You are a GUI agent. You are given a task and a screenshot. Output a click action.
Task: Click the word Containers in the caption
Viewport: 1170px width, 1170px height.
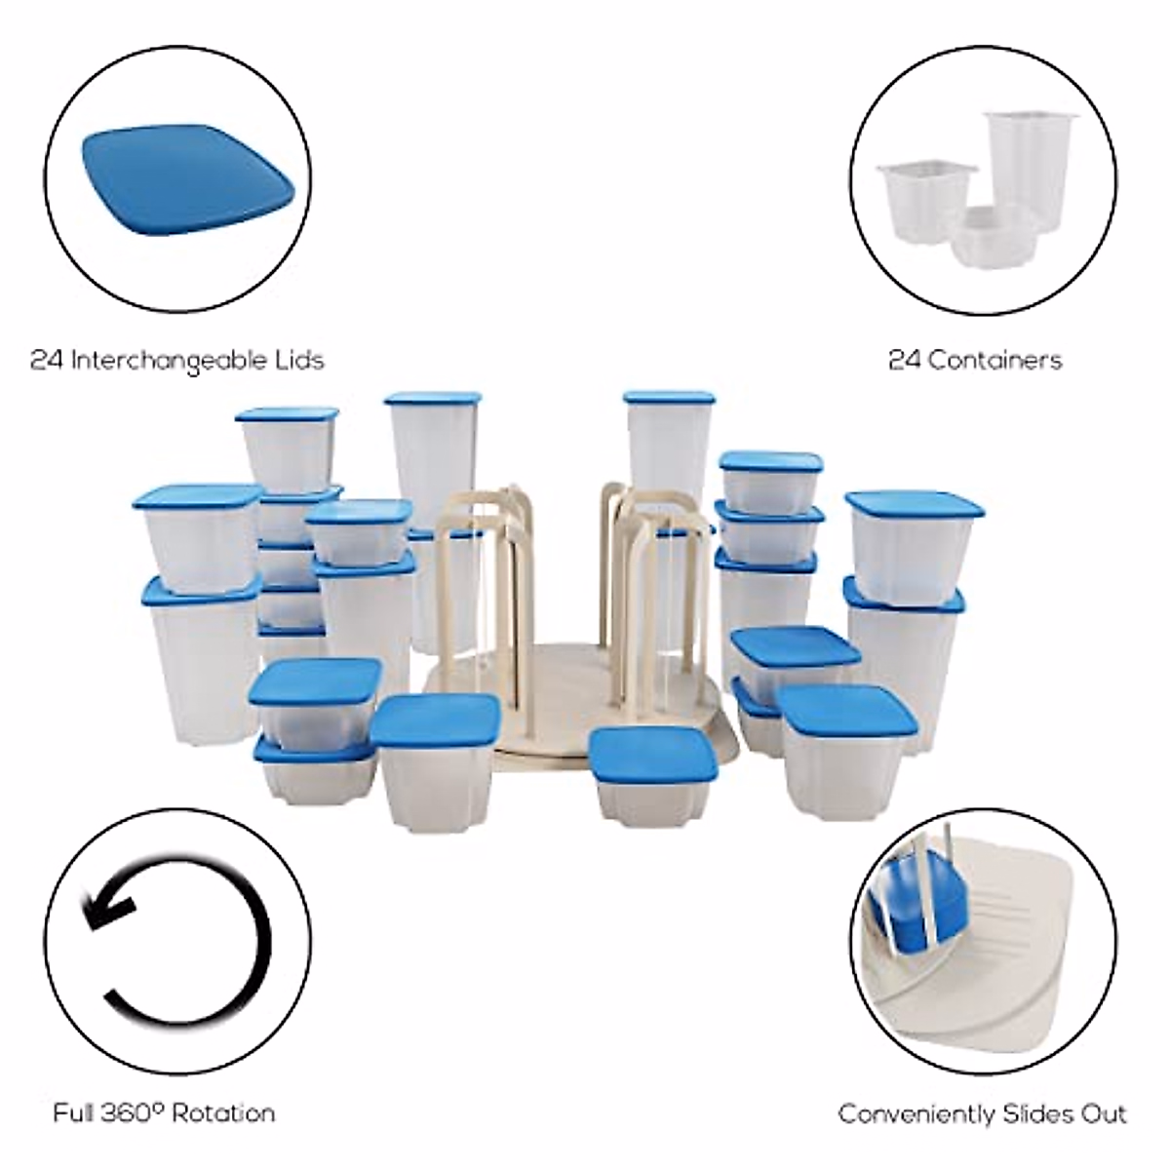pyautogui.click(x=994, y=361)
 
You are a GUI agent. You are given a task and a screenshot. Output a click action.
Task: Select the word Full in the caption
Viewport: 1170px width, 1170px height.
pyautogui.click(x=74, y=1112)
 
